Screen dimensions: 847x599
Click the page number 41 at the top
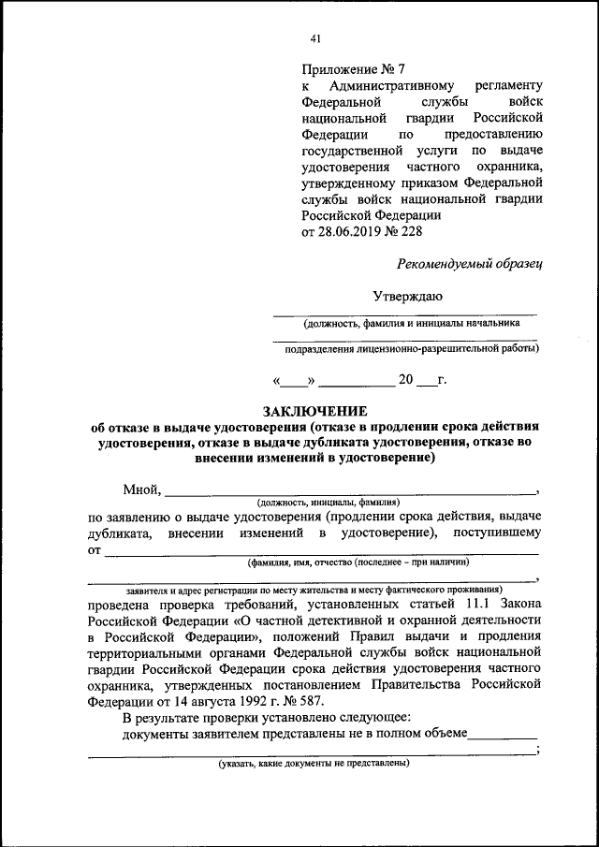(x=315, y=38)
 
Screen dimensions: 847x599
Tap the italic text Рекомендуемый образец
(x=469, y=263)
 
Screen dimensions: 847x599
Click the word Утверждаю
(x=408, y=296)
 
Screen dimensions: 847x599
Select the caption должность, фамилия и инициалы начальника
(x=410, y=323)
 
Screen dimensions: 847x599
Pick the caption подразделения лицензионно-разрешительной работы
(x=412, y=349)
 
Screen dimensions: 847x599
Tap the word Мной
(x=141, y=489)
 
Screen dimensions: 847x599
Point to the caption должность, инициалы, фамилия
(x=328, y=502)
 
